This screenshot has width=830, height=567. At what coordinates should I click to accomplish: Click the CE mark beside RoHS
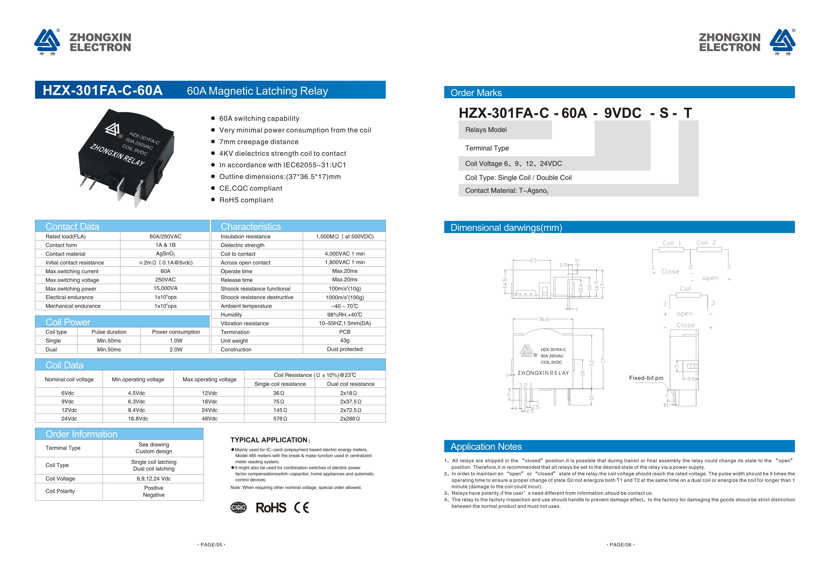[x=301, y=507]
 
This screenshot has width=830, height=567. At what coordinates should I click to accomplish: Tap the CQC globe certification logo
[x=238, y=507]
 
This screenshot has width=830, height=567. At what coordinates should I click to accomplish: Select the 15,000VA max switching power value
[x=165, y=288]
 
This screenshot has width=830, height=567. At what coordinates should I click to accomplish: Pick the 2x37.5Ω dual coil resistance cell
[x=350, y=401]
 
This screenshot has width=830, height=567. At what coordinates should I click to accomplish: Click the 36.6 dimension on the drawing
[x=543, y=319]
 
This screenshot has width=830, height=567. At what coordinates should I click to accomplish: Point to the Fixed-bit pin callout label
[x=646, y=378]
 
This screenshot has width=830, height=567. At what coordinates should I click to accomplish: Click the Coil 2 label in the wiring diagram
[x=706, y=243]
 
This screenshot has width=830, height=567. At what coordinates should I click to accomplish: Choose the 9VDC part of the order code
[x=622, y=113]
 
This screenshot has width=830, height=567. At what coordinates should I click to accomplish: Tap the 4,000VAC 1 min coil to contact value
[x=345, y=254]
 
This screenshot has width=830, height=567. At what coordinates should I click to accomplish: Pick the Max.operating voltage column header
[x=209, y=379]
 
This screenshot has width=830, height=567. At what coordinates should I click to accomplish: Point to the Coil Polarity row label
[x=60, y=491]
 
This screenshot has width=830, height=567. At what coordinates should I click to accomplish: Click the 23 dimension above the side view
[x=533, y=260]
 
